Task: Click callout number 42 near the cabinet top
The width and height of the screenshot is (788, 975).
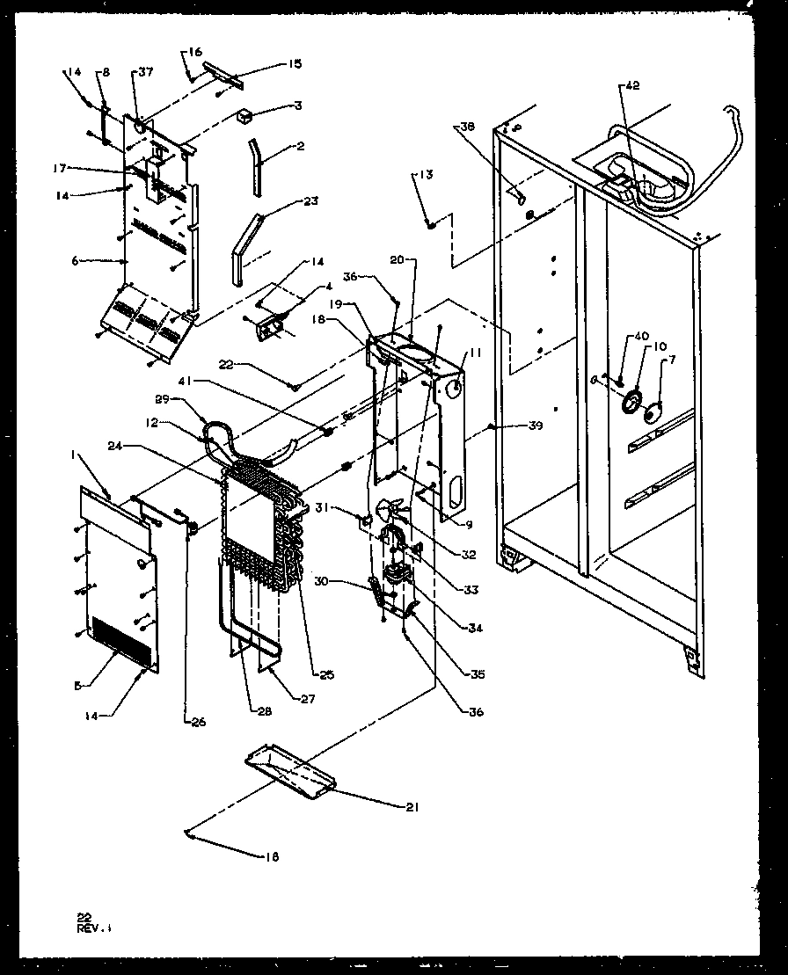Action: click(x=632, y=85)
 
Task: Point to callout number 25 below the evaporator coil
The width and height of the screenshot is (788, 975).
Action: click(x=326, y=675)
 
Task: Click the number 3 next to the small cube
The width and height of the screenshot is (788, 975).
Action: click(x=298, y=106)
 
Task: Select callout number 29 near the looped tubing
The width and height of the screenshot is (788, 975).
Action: click(x=162, y=400)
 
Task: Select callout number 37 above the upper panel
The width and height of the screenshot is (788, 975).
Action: click(x=145, y=72)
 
